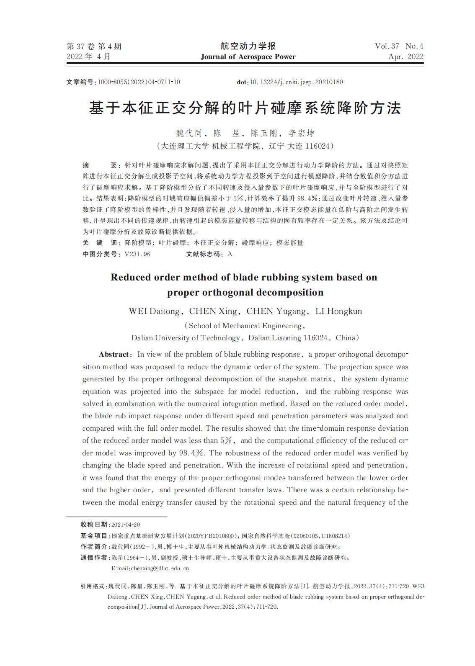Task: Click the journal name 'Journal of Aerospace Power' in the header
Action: (x=248, y=57)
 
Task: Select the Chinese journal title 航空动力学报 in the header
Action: (x=248, y=46)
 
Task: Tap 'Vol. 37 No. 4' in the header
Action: (x=399, y=46)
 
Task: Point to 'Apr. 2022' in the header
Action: (x=405, y=57)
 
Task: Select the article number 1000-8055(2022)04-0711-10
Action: (x=139, y=82)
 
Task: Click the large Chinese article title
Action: (x=245, y=108)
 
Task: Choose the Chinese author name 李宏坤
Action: (x=301, y=134)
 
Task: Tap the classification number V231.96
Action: (x=137, y=254)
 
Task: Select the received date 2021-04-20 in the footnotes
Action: (x=126, y=525)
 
